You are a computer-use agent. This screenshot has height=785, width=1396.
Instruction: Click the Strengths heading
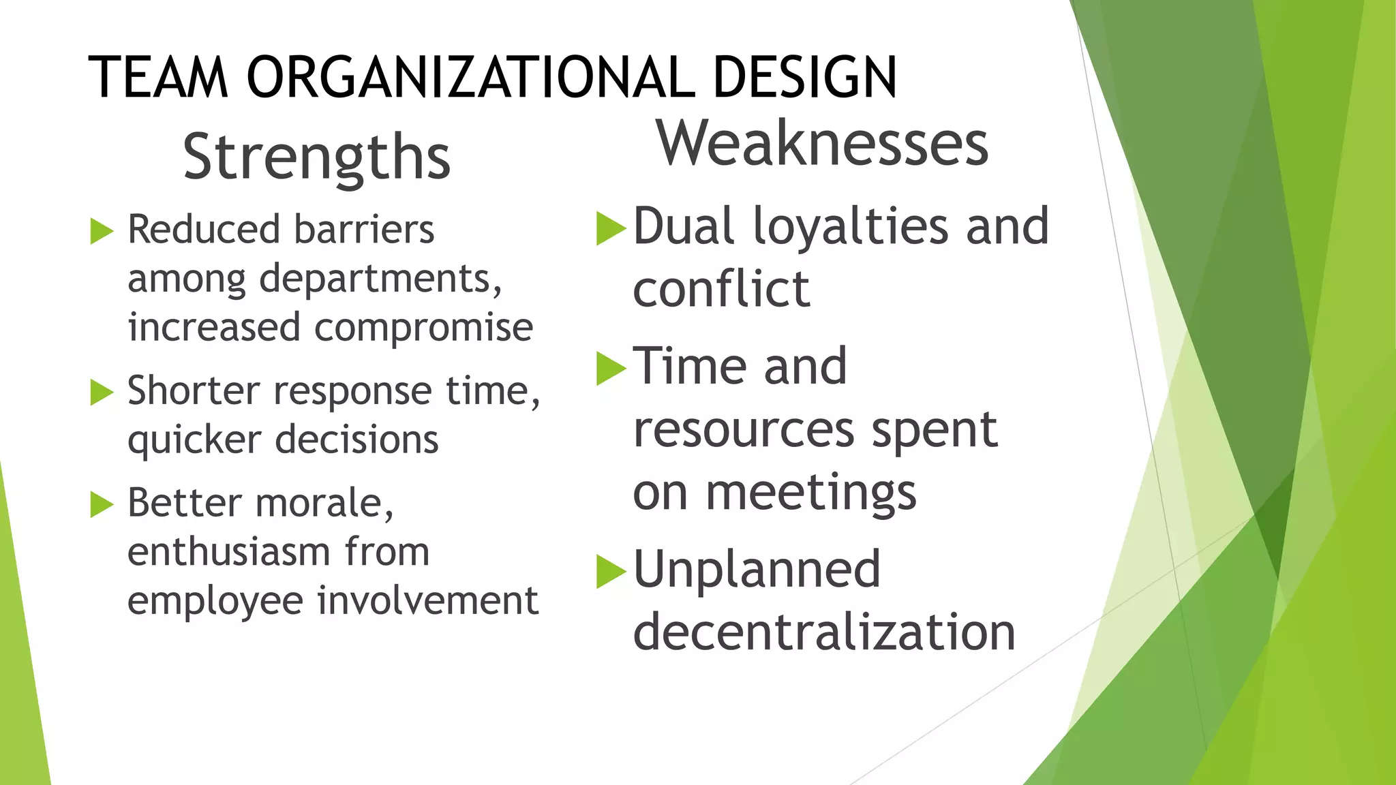317,157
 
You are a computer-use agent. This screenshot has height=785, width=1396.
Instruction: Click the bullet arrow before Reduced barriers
102,231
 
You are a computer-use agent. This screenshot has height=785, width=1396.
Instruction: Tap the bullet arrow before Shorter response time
102,392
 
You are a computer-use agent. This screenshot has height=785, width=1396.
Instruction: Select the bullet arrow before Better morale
102,505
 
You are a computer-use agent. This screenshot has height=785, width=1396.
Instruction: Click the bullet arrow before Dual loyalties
611,228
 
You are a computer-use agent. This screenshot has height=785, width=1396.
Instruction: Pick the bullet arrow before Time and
611,369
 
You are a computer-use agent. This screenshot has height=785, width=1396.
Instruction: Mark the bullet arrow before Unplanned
611,571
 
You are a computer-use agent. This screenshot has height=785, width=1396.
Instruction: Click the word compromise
423,328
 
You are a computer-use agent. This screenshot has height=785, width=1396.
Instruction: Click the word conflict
721,289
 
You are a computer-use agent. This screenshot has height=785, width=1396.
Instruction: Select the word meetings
810,493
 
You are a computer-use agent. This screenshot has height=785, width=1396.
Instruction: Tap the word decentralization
824,632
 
